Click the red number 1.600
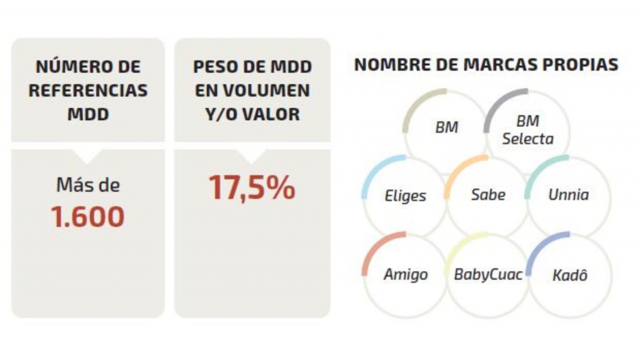coord(88,217)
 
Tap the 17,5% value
coord(251,187)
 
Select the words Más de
coord(88,186)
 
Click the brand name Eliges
coord(405,195)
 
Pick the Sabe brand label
coord(488,194)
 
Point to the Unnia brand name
coord(569,195)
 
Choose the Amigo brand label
coord(405,275)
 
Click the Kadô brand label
coord(570,276)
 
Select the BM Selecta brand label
coord(528,131)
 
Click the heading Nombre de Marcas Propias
coord(486,65)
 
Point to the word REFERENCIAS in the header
coord(88,90)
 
